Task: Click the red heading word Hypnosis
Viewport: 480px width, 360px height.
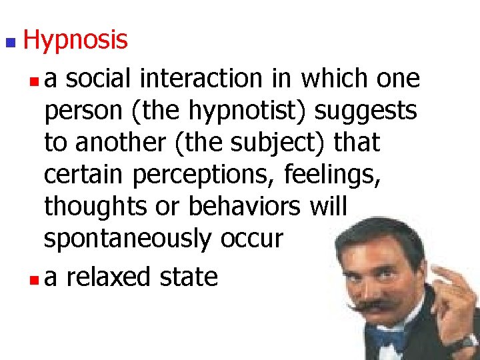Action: (x=75, y=41)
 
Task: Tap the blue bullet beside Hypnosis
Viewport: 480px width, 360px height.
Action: (x=9, y=43)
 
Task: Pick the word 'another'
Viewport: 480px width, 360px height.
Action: (x=116, y=143)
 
